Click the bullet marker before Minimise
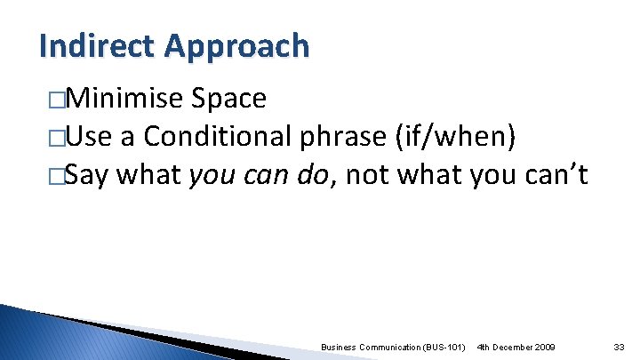point(57,100)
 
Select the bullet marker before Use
point(57,139)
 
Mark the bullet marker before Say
point(57,178)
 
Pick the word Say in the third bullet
point(87,177)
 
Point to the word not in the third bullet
point(368,176)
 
